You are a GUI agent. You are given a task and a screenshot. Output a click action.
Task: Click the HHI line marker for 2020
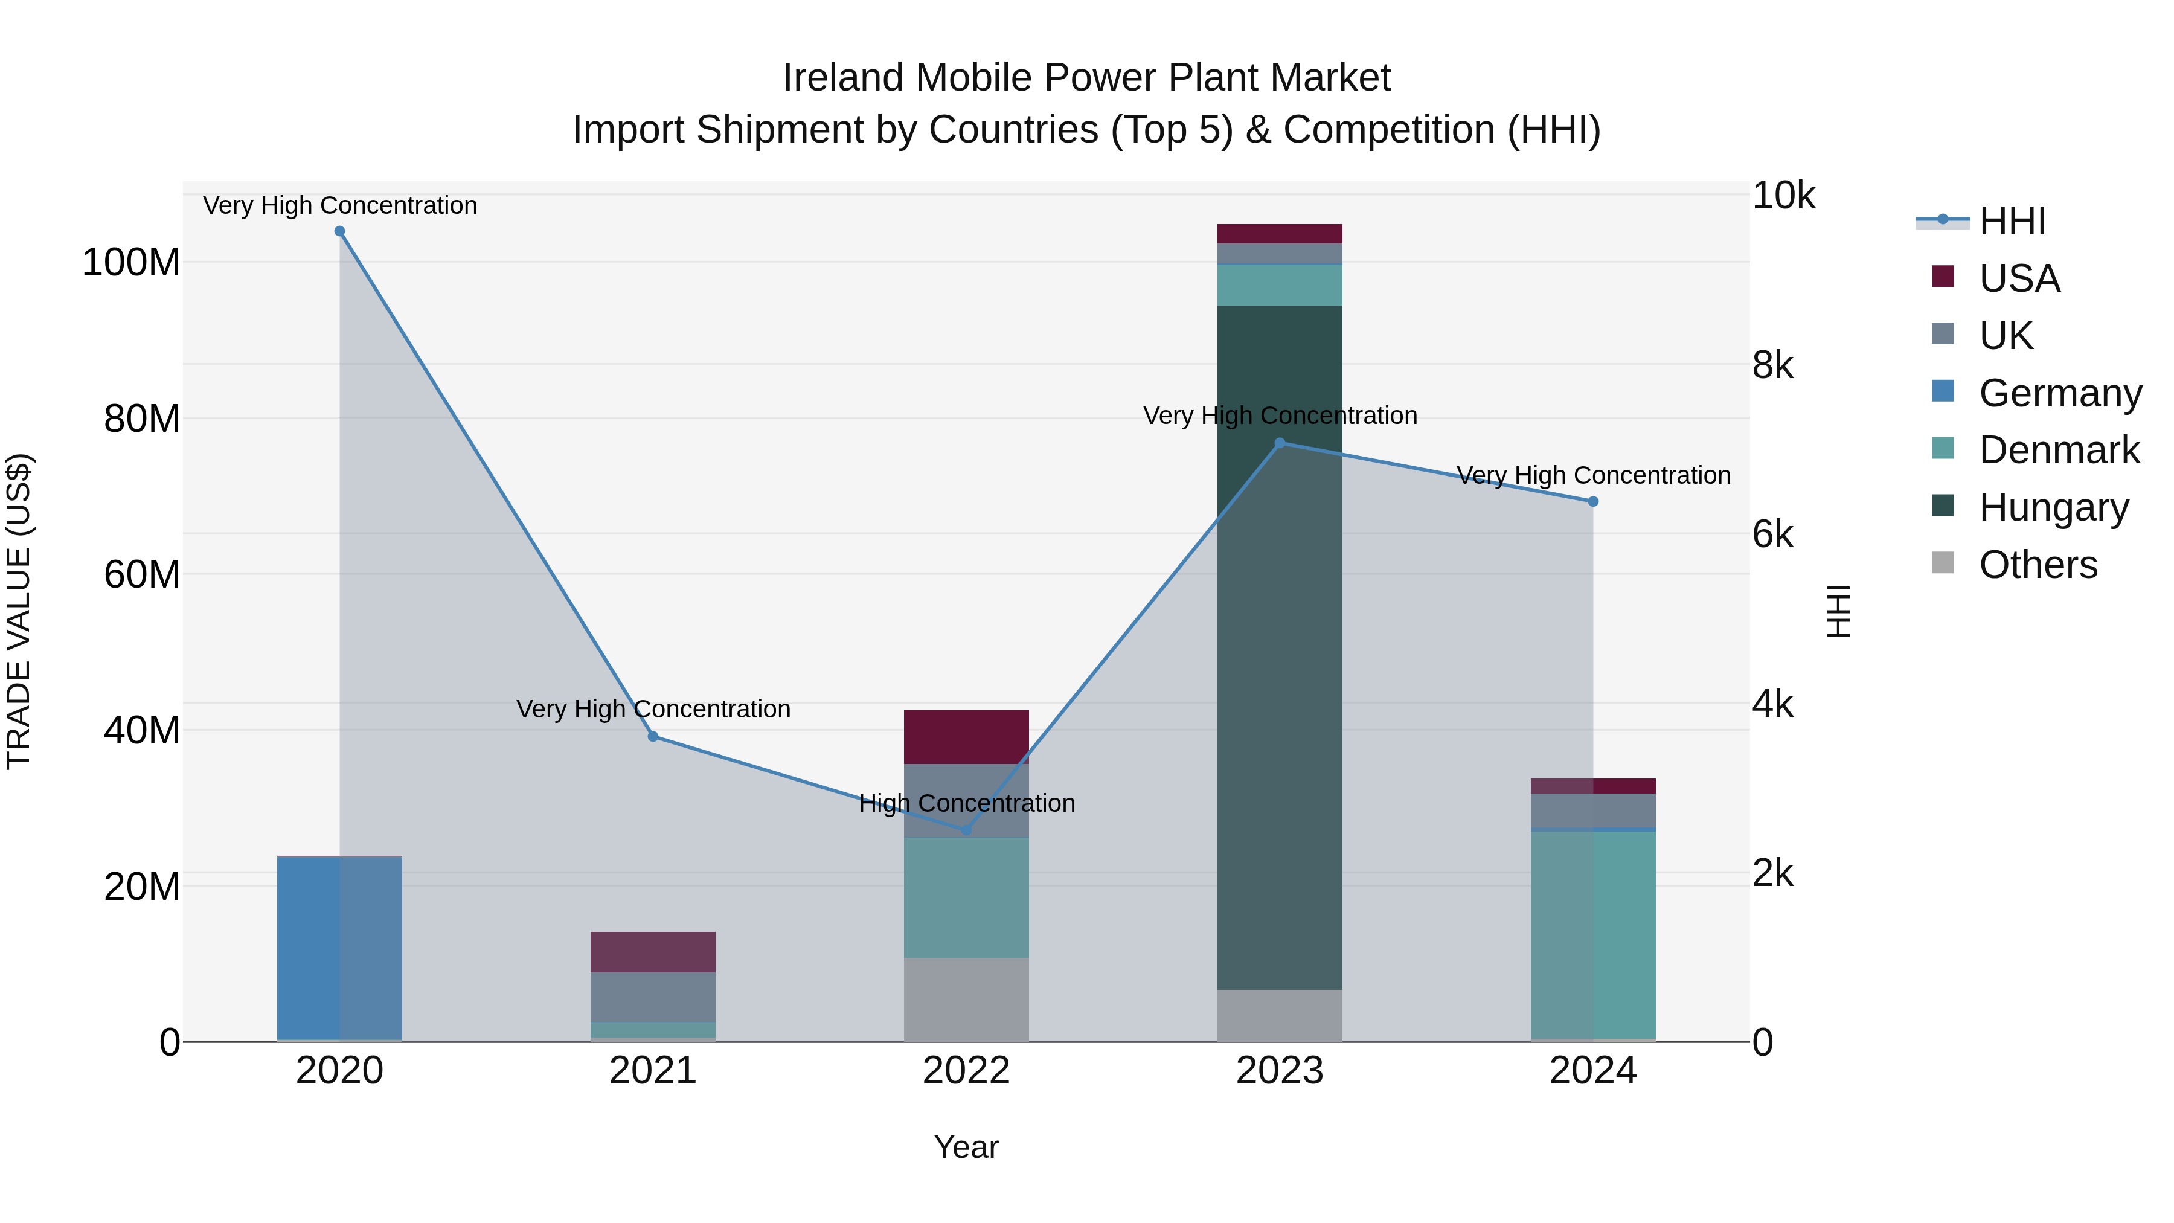tap(339, 231)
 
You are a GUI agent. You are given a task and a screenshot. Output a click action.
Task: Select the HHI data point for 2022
tap(966, 830)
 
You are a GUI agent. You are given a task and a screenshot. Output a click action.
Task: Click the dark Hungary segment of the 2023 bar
tap(1280, 641)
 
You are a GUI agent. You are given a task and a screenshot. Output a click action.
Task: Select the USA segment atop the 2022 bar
tap(966, 737)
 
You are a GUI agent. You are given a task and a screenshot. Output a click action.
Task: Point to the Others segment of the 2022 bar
tap(966, 1000)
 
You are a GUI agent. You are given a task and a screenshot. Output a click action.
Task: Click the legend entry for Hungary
tap(2053, 507)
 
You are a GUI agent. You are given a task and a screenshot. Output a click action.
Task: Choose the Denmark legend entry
tap(2059, 450)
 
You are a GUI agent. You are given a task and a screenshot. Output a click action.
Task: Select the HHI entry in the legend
tap(2012, 221)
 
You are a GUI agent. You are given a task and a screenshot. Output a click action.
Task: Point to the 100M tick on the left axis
tap(131, 263)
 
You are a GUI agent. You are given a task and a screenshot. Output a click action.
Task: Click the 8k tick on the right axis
tap(1772, 365)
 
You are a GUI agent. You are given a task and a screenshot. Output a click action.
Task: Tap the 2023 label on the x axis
tap(1280, 1071)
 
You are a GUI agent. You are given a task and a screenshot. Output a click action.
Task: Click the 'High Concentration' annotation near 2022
tap(966, 803)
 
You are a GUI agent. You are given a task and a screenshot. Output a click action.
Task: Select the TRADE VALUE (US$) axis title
tap(19, 611)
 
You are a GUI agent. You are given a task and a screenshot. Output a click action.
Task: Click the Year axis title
tap(966, 1147)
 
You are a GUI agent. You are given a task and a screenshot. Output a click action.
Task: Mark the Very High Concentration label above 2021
tap(652, 709)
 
